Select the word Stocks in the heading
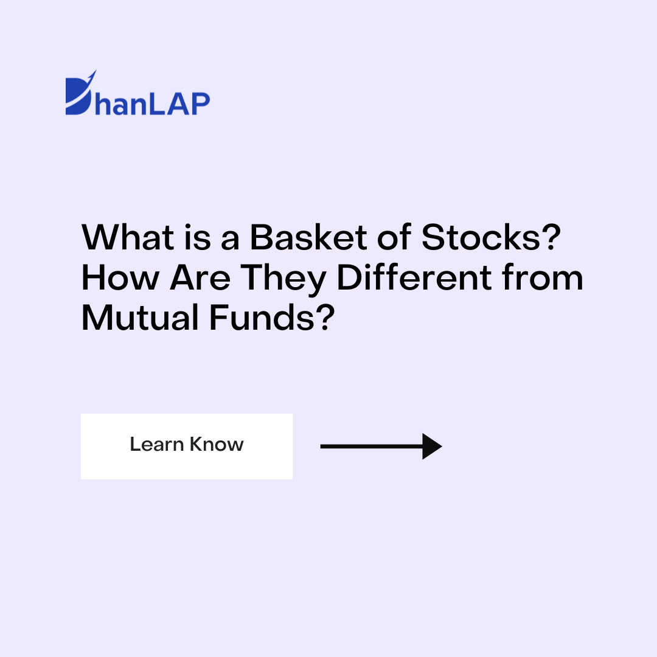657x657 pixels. pyautogui.click(x=481, y=238)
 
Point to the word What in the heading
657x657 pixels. pyautogui.click(x=128, y=238)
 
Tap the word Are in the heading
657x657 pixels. pyautogui.click(x=199, y=278)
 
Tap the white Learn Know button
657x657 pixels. pyautogui.click(x=186, y=446)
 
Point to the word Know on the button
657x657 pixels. pyautogui.click(x=215, y=444)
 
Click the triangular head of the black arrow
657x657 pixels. pyautogui.click(x=431, y=447)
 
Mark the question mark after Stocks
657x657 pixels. pyautogui.click(x=549, y=238)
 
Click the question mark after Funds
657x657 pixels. pyautogui.click(x=326, y=318)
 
